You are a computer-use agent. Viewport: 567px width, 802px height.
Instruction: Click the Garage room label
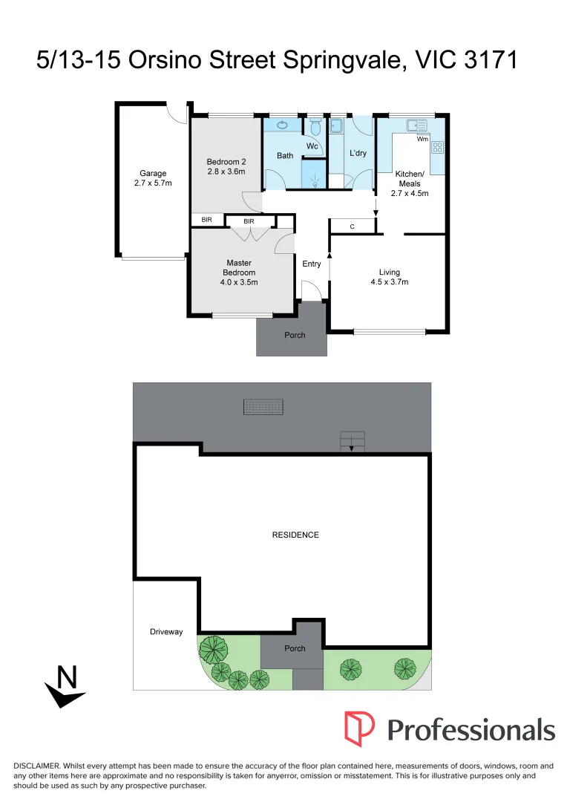tap(153, 174)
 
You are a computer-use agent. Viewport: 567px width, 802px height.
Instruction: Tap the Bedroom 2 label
tap(226, 162)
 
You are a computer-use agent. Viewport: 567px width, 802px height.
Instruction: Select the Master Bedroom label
tap(238, 267)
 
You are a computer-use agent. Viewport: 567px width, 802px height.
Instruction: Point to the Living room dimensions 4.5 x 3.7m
tap(390, 282)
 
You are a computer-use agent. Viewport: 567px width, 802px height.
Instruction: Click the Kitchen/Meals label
tap(409, 178)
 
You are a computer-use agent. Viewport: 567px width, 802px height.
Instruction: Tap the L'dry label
tap(358, 154)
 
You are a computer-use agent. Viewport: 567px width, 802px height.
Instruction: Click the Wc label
tap(312, 146)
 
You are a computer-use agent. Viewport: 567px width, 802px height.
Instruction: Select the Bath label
tap(285, 156)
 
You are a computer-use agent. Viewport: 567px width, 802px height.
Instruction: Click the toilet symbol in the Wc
tap(315, 128)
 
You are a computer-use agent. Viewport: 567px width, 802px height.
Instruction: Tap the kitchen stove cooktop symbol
tap(438, 147)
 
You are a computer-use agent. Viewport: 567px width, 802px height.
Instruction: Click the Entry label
tap(312, 264)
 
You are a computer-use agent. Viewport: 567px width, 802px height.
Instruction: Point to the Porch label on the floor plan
tap(295, 335)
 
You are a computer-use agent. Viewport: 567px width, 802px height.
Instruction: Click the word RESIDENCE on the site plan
tap(295, 535)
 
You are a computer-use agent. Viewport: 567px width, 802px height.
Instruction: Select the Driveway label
tap(165, 632)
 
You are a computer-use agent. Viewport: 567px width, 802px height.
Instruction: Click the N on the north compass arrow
tap(68, 677)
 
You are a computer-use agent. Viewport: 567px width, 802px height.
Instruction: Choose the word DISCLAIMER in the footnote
tap(36, 766)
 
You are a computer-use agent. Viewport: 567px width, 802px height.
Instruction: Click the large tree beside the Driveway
tap(214, 650)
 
